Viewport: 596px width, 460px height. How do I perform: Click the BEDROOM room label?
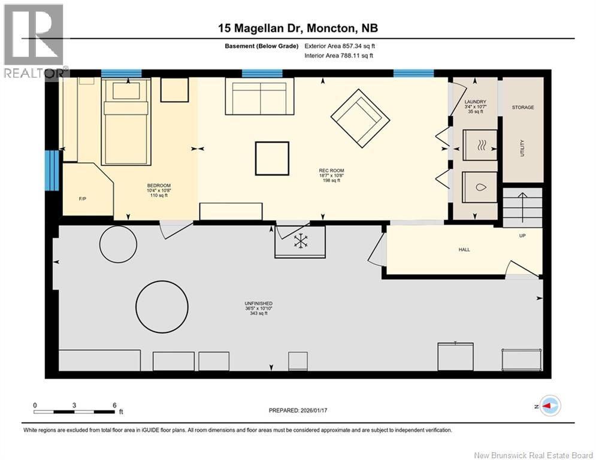click(159, 186)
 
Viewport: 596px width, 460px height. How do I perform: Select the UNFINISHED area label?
click(259, 303)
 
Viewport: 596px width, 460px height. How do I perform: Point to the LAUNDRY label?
click(475, 102)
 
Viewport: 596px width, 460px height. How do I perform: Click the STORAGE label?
click(523, 108)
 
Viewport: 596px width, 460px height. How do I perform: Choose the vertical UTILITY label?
click(522, 148)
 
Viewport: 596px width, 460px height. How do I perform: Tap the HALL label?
click(464, 250)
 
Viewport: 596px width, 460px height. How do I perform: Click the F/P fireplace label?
click(82, 199)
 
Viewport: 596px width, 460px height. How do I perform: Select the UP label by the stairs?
click(522, 236)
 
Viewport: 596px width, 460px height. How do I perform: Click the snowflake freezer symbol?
click(300, 241)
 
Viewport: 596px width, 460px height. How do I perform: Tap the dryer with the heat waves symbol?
click(480, 145)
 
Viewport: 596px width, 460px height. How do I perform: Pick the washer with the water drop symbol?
click(480, 187)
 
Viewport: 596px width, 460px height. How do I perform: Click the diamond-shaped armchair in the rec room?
click(361, 119)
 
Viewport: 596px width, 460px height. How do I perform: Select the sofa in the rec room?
click(259, 96)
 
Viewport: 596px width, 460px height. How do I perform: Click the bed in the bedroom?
click(126, 122)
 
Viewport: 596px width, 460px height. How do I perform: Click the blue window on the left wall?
click(52, 171)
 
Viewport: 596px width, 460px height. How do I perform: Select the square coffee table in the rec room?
click(272, 159)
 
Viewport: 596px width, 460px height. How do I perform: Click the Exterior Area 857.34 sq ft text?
click(340, 46)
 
